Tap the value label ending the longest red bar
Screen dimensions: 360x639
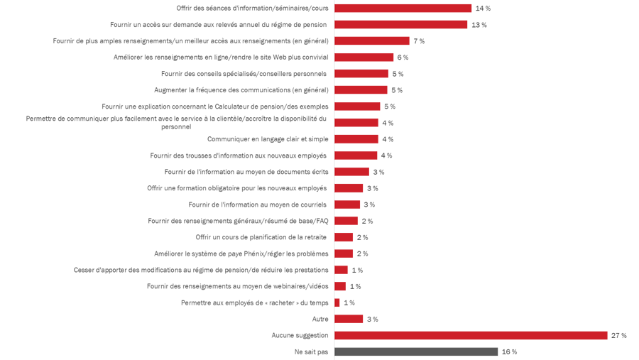(618, 335)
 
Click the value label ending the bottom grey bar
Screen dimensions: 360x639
(511, 351)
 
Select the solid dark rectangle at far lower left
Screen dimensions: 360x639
(50, 227)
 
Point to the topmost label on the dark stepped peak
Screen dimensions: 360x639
(423, 39)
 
